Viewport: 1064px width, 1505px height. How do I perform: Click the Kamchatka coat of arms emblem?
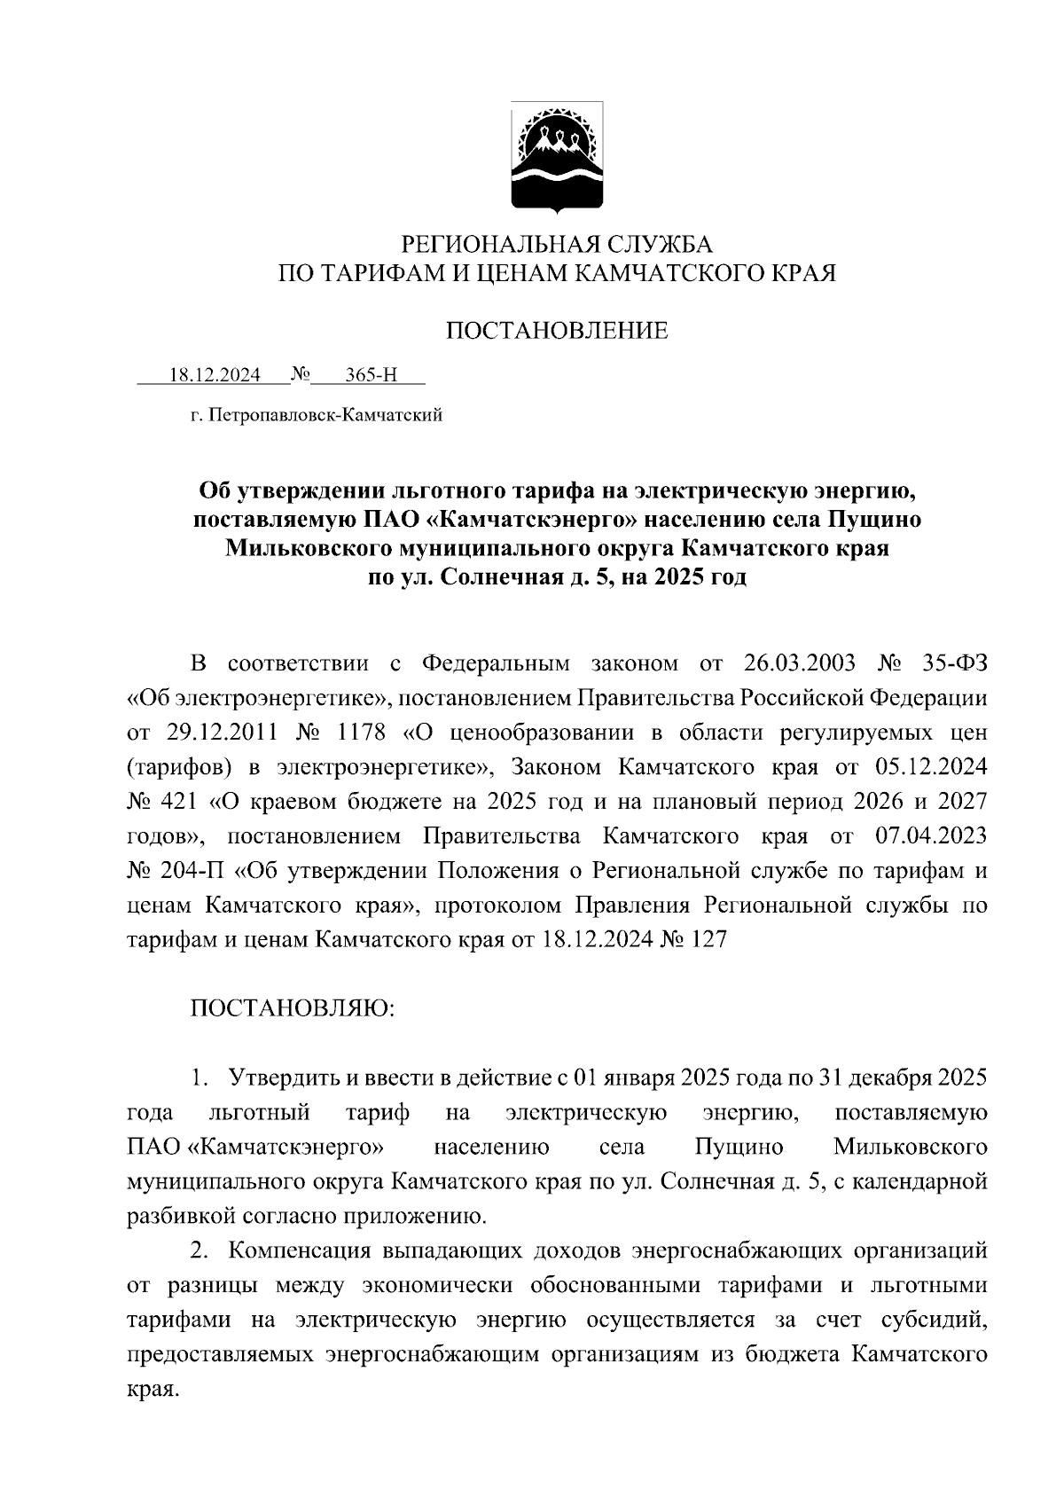tap(557, 157)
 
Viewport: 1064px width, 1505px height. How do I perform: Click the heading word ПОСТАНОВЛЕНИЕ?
tap(556, 332)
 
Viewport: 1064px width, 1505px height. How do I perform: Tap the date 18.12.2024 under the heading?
tap(215, 375)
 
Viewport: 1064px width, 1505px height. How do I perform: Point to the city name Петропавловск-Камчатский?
tap(326, 414)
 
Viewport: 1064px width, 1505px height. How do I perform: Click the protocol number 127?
tap(707, 939)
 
